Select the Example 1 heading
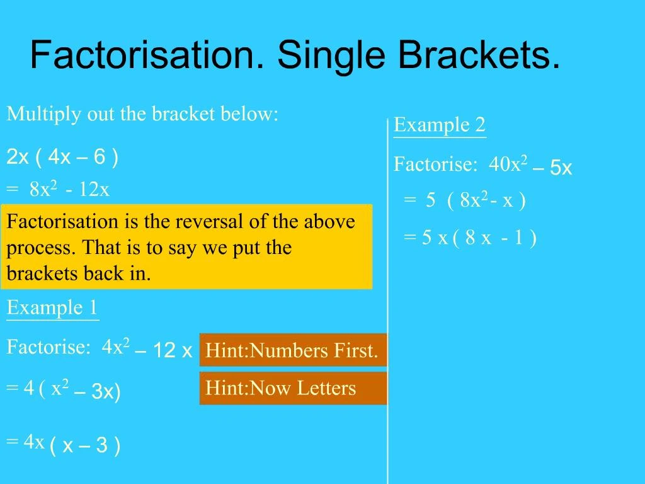(53, 308)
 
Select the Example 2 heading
(440, 125)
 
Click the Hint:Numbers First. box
(292, 350)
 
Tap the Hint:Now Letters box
(292, 388)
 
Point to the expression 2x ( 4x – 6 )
(62, 157)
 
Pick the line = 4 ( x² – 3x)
(63, 390)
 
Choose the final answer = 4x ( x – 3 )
(63, 444)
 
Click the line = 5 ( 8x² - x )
(465, 200)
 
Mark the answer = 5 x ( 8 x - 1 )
(470, 238)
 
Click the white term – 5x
(552, 168)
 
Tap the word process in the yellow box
(28, 248)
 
